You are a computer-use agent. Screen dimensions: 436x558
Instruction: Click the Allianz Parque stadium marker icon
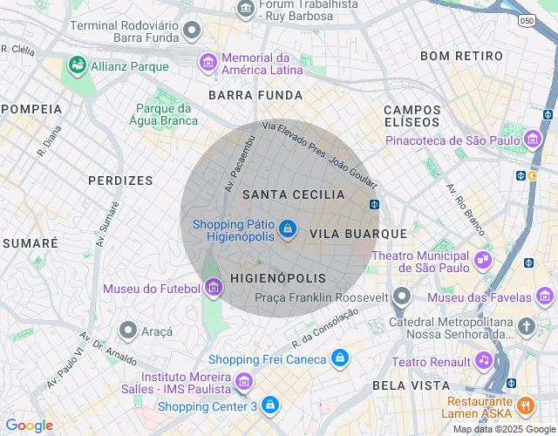[x=77, y=65]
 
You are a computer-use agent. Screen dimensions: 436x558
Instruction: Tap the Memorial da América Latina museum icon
[x=208, y=62]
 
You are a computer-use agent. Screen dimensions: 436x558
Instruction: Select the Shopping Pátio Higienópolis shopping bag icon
[x=288, y=229]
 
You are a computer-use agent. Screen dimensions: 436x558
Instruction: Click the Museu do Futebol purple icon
[x=213, y=288]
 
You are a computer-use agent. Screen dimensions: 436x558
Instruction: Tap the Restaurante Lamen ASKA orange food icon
[x=525, y=405]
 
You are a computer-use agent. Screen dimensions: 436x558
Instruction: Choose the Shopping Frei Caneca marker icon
[x=340, y=358]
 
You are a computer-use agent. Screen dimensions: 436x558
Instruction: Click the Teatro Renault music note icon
[x=484, y=360]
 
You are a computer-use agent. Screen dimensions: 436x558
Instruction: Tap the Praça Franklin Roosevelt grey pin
[x=401, y=296]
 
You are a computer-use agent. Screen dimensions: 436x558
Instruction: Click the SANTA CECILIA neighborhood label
[x=282, y=194]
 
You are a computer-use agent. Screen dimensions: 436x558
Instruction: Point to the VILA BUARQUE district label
[x=358, y=234]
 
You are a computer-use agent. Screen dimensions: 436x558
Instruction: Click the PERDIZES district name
[x=120, y=181]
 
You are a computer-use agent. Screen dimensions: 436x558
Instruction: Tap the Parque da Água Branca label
[x=163, y=114]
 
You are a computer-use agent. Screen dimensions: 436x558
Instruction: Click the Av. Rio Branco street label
[x=465, y=210]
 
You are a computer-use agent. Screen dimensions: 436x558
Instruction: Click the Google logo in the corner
[x=29, y=426]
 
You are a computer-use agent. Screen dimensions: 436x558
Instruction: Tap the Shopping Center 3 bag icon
[x=270, y=405]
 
